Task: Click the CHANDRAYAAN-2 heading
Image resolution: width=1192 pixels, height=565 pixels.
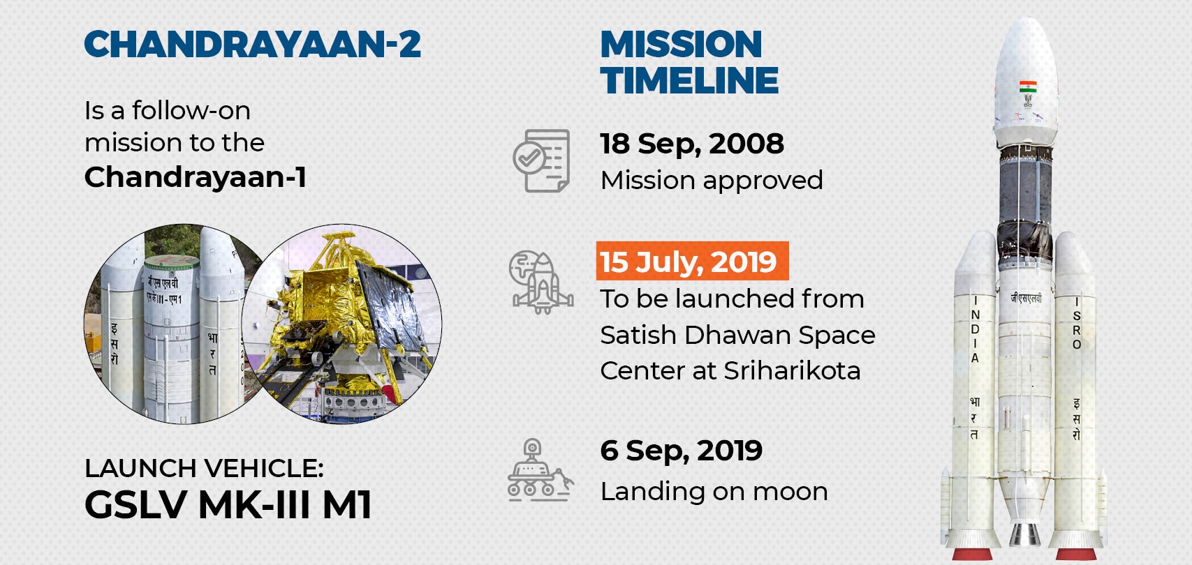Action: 253,44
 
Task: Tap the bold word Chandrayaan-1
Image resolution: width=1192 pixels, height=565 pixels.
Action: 196,177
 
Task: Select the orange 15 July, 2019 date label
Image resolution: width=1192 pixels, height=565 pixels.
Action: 692,261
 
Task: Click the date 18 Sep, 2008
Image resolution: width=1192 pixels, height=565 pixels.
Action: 692,144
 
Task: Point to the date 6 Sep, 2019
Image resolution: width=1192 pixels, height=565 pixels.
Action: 681,451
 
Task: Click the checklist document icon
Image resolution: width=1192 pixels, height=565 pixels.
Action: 541,160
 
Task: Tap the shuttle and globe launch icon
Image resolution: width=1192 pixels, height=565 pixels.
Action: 540,282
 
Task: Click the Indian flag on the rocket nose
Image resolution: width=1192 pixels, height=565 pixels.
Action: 1028,86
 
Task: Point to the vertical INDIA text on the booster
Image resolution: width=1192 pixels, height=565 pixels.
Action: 975,329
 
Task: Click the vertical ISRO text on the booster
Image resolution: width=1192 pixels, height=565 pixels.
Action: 1077,323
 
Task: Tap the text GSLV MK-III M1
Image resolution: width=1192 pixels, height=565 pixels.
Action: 228,504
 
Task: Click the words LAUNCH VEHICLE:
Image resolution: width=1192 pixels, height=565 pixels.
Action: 204,468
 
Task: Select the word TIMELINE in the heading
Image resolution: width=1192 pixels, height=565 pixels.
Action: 689,80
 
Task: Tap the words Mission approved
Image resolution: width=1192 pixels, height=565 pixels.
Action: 712,181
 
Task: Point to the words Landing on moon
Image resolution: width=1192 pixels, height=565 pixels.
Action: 714,492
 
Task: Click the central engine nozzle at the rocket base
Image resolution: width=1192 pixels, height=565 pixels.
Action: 1025,534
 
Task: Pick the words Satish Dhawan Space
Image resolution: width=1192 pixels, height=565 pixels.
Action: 737,336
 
